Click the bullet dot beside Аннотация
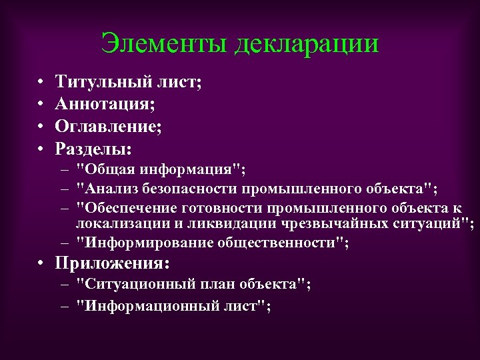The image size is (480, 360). point(40,104)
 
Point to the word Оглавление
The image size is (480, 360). point(106,125)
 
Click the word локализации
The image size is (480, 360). point(116,223)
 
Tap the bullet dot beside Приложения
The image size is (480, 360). point(40,263)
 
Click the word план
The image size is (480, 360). point(213,285)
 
